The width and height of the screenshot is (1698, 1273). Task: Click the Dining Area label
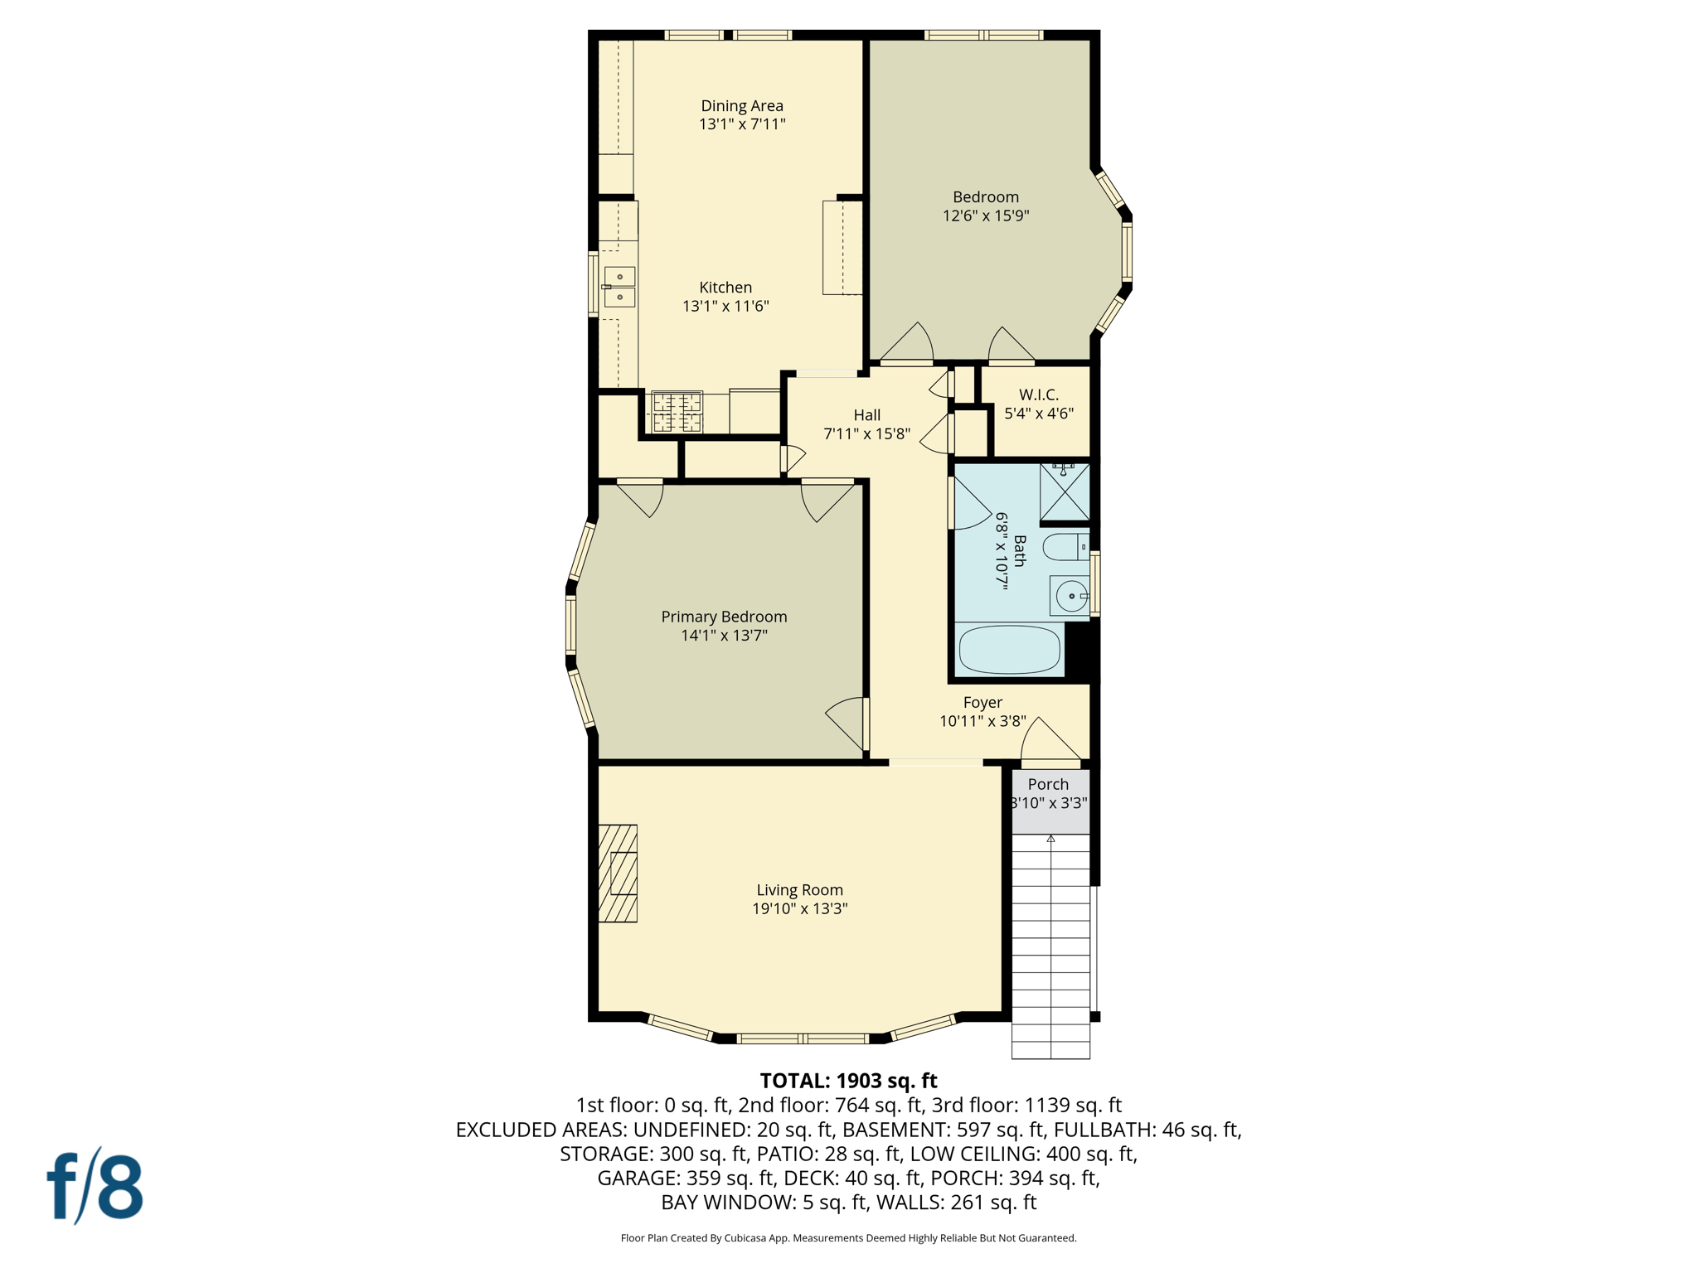tap(741, 105)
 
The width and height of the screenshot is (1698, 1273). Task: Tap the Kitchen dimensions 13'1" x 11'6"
tap(725, 306)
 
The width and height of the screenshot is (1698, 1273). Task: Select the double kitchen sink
tap(619, 287)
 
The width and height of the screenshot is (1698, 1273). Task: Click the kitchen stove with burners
tap(677, 412)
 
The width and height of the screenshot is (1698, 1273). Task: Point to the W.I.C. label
tap(1038, 394)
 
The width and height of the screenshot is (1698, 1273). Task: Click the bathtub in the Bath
tap(1009, 650)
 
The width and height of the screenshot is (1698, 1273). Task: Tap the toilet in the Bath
tap(1065, 547)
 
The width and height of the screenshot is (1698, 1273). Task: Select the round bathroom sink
tap(1070, 596)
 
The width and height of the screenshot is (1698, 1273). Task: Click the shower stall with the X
tap(1065, 492)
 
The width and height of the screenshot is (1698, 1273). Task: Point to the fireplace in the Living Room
tap(618, 873)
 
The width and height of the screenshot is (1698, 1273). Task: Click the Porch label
tap(1048, 784)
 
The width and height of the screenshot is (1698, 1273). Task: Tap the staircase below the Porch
tap(1050, 945)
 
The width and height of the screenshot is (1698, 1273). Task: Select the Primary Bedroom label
tap(724, 617)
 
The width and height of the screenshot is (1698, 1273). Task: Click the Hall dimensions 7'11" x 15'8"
tap(866, 433)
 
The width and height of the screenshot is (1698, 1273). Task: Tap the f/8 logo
tap(95, 1186)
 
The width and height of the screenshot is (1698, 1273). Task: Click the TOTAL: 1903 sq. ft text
tap(848, 1081)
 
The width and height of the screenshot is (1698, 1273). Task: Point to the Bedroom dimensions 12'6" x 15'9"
tap(985, 215)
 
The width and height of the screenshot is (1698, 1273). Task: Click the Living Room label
tap(799, 890)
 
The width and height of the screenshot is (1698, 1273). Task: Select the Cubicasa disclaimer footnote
tap(848, 1238)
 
